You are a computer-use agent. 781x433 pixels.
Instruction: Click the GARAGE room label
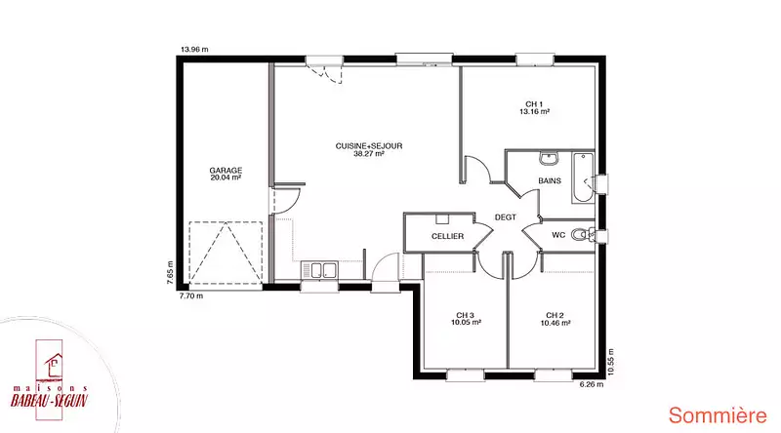coord(226,171)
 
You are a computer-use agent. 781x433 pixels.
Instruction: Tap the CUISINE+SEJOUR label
coord(369,146)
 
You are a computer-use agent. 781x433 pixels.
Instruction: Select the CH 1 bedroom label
coord(534,104)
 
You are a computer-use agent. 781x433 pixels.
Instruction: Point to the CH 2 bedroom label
coord(555,316)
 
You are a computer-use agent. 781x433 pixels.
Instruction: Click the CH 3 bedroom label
coord(466,316)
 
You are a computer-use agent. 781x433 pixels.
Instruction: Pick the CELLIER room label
coord(447,236)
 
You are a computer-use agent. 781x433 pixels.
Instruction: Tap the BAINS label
coord(550,180)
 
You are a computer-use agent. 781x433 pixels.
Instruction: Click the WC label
coord(558,235)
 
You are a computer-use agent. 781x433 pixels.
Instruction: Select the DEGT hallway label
coord(505,217)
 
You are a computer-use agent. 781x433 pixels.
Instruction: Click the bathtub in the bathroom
coord(583,177)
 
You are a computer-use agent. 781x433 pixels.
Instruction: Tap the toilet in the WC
coord(581,234)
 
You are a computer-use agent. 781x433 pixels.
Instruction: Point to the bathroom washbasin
coord(549,158)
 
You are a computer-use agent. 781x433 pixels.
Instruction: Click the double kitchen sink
coord(319,270)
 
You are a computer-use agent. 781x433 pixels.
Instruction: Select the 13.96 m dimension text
coord(194,50)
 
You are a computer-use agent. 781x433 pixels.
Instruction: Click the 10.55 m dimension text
coord(611,362)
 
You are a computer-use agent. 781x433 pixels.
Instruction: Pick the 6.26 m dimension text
coord(592,384)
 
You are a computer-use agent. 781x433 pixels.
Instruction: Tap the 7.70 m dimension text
coord(191,296)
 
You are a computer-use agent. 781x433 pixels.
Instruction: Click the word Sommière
coord(718,415)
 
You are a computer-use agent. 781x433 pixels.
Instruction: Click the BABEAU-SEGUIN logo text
coord(50,400)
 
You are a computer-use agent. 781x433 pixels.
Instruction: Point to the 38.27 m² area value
coord(369,154)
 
